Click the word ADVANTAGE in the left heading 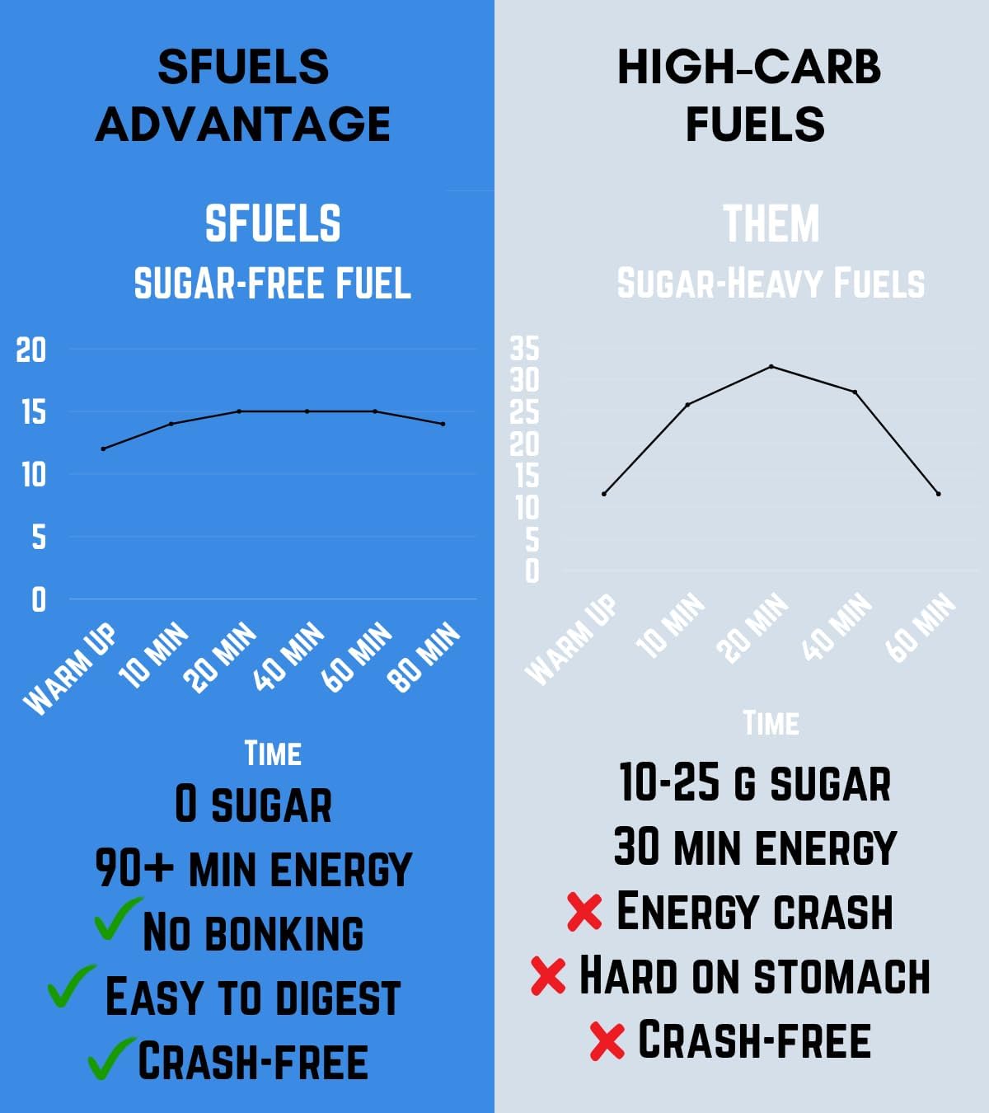(x=243, y=124)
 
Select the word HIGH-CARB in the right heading (x=748, y=68)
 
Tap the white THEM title (x=771, y=224)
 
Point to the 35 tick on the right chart (x=524, y=349)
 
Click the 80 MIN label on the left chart (x=424, y=657)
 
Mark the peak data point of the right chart (x=771, y=366)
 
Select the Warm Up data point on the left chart (x=103, y=448)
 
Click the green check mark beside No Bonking (x=116, y=919)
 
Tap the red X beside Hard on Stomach (x=548, y=975)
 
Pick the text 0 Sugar (x=253, y=805)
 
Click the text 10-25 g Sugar (x=754, y=783)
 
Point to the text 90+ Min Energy (x=253, y=869)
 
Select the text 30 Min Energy (x=754, y=848)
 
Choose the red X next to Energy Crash (x=584, y=912)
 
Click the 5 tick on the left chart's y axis (x=39, y=538)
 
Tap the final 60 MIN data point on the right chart (x=938, y=494)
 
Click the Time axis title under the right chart (x=771, y=724)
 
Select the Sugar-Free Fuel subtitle (x=272, y=284)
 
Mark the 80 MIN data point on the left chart (x=443, y=424)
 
